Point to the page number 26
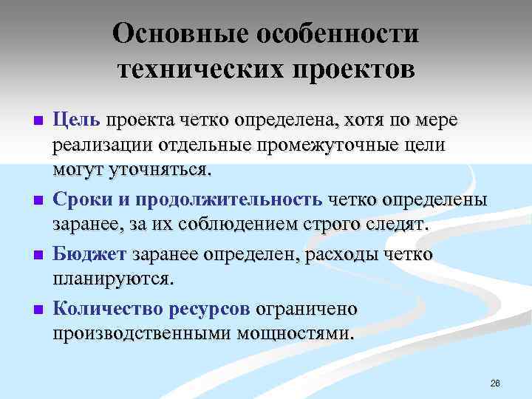(495, 383)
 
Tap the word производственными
(141, 334)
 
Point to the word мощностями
(295, 334)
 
